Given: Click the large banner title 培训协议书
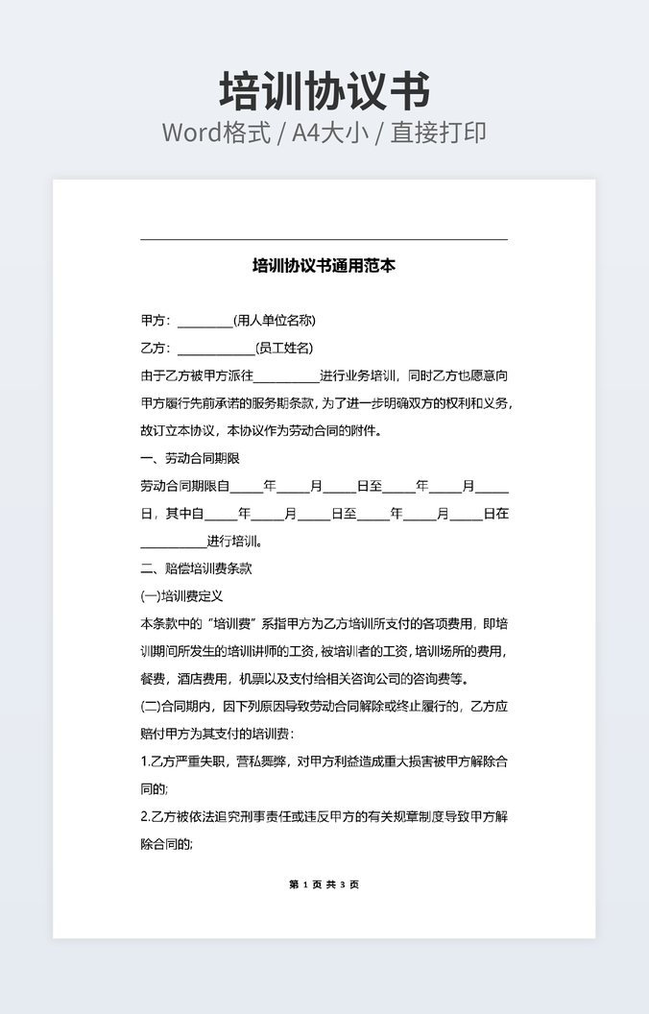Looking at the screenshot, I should pyautogui.click(x=324, y=92).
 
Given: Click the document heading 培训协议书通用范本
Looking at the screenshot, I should pyautogui.click(x=324, y=265).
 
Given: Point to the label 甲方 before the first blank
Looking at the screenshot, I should pyautogui.click(x=154, y=321).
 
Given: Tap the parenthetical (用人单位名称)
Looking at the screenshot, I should pyautogui.click(x=275, y=321).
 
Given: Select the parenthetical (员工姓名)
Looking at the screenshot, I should pyautogui.click(x=284, y=348).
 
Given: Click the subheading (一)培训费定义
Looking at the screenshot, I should pyautogui.click(x=181, y=596).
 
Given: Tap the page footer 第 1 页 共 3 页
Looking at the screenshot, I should pyautogui.click(x=324, y=884).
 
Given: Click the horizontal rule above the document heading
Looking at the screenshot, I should pyautogui.click(x=324, y=239).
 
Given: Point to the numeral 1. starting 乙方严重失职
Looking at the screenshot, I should pyautogui.click(x=144, y=762).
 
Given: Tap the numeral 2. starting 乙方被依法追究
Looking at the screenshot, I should pyautogui.click(x=144, y=817).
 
